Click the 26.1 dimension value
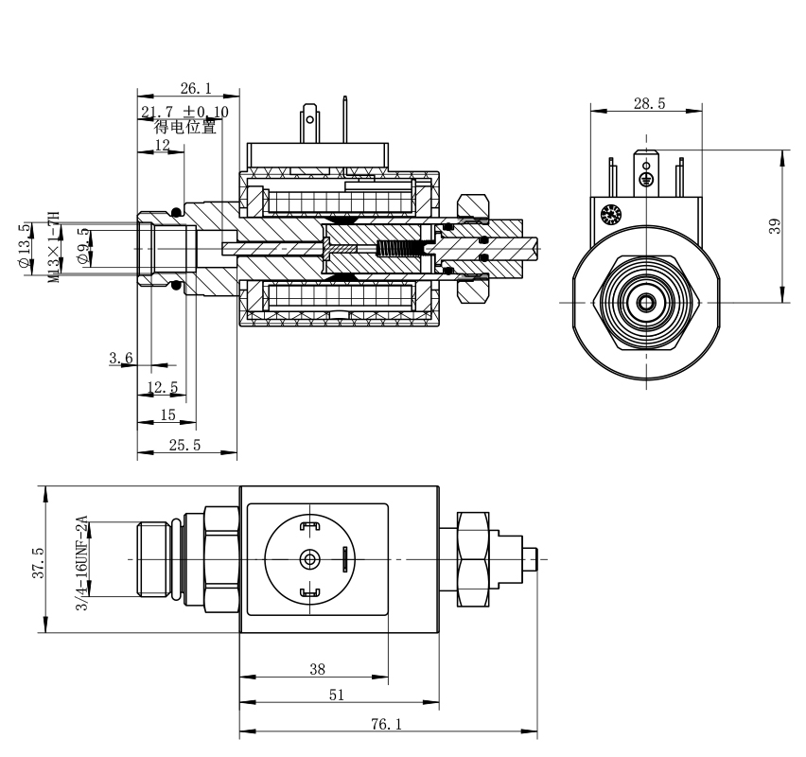[195, 88]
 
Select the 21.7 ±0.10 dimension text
[184, 112]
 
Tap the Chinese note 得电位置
[185, 126]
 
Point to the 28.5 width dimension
[648, 103]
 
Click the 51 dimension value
[338, 695]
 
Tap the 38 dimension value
[318, 669]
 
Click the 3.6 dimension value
[119, 357]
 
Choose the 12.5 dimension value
[163, 387]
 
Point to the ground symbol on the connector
[648, 177]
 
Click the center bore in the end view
[648, 302]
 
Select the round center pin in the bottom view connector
[307, 558]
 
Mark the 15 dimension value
[168, 414]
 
